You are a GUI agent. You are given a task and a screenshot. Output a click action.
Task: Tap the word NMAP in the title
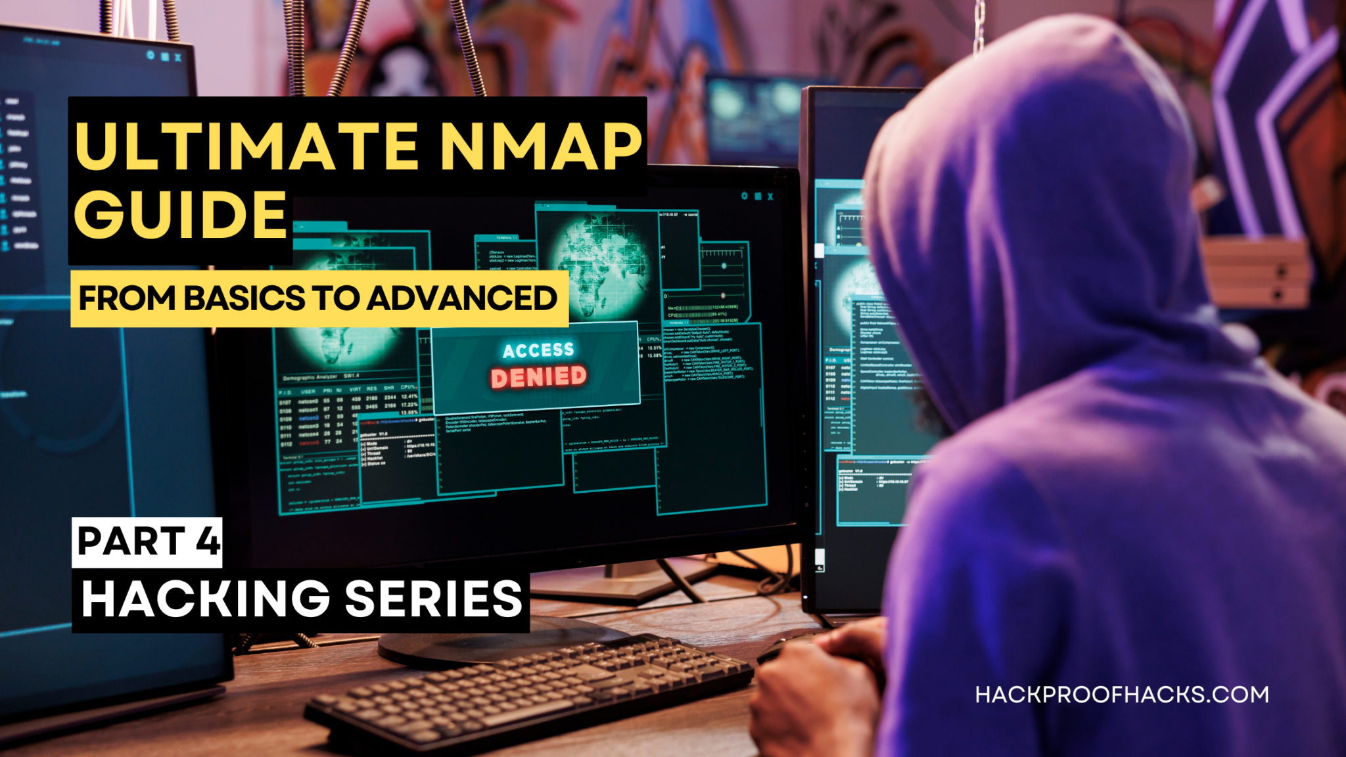tap(540, 146)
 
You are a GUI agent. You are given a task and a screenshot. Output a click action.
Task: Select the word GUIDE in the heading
tap(181, 215)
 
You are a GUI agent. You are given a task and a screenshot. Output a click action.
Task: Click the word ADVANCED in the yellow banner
tap(462, 298)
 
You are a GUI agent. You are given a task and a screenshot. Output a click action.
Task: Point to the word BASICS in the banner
tap(244, 298)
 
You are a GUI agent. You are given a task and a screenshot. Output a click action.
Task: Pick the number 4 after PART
tap(208, 541)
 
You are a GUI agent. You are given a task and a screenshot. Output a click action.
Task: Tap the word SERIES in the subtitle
tap(434, 599)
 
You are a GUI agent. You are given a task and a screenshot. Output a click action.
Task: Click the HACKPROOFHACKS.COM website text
tap(1122, 695)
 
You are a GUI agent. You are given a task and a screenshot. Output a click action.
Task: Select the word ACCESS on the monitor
tap(538, 350)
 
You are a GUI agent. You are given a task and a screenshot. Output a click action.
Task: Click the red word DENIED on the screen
tap(538, 377)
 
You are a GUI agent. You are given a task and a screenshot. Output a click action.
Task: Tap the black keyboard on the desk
tap(526, 690)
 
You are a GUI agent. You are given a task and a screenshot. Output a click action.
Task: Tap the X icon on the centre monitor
tap(770, 196)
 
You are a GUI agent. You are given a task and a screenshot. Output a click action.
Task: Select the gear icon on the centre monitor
tap(744, 196)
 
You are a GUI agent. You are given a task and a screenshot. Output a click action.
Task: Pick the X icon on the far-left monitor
tap(177, 57)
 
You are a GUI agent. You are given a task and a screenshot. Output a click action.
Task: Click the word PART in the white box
tap(131, 541)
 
